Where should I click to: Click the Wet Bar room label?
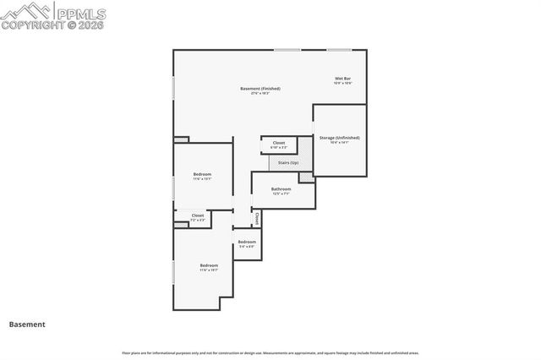[342, 79]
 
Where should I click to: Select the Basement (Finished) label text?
[260, 88]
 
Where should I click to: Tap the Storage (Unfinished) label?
[339, 137]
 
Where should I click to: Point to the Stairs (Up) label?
[288, 162]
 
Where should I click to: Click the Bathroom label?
[281, 188]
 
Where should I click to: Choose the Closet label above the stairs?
[279, 143]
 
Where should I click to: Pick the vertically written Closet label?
[257, 218]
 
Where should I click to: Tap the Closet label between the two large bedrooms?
[197, 215]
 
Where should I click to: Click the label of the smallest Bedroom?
[246, 242]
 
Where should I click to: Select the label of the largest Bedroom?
[209, 265]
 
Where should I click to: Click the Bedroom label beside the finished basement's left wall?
[202, 174]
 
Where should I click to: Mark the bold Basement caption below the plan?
[27, 324]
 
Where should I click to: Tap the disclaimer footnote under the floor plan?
[270, 352]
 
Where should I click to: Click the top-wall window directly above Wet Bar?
[340, 50]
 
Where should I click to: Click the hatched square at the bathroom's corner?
[306, 177]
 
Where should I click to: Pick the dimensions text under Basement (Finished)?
[260, 93]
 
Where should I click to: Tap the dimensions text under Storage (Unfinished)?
[339, 142]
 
